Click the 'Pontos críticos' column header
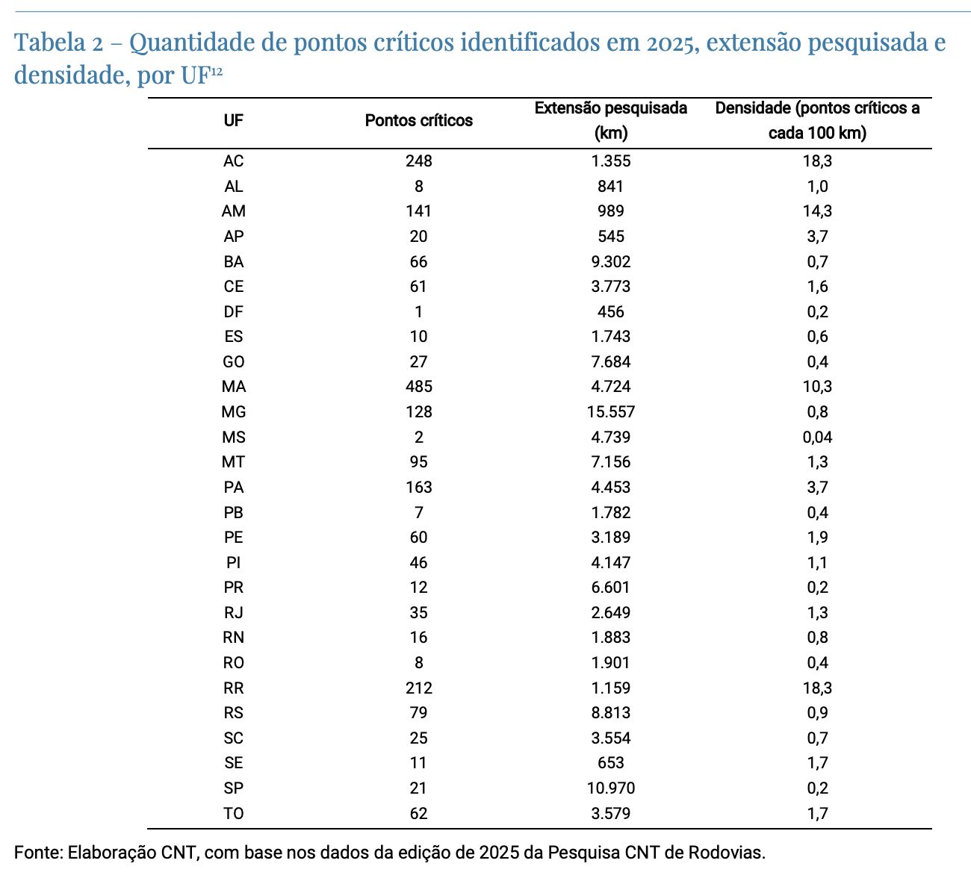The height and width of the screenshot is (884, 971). coord(418,121)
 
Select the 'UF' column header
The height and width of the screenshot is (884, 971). coord(233,121)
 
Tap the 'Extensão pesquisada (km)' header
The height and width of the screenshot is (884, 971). coord(610,121)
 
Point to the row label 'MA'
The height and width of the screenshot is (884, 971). coord(233,387)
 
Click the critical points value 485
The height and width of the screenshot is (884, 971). coord(418,387)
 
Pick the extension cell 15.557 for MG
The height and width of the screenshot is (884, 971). coord(610,412)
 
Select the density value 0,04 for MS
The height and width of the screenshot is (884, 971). coord(817,438)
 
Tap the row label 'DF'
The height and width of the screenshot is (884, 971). coord(233,312)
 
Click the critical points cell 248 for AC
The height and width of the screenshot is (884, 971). coord(418,161)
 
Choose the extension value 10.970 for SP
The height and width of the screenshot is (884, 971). coord(610,788)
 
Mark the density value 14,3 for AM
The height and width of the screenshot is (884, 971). coord(817,211)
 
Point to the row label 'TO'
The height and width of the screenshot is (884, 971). coord(233,814)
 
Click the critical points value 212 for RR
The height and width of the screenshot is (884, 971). coord(418,688)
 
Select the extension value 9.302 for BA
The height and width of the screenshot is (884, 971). coord(610,262)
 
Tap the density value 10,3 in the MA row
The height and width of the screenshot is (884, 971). coord(817,387)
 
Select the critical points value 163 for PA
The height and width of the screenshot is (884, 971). coord(418,488)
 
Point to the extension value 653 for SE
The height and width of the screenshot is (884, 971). coord(610,763)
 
